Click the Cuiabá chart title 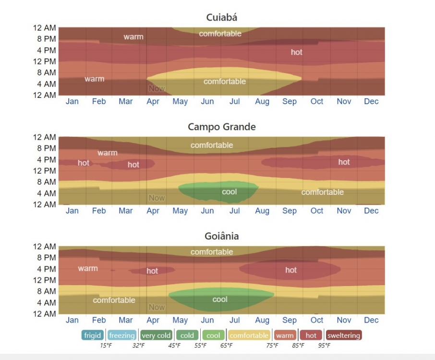221,18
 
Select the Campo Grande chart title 221,127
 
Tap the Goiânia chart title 221,236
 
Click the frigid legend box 92,336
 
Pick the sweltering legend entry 344,336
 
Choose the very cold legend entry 157,336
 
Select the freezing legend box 121,336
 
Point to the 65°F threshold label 226,345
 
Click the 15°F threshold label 106,345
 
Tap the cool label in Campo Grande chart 230,192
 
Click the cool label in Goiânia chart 220,300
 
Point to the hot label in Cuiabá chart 297,52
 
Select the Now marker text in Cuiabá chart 157,88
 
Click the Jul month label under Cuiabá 235,101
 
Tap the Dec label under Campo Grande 371,211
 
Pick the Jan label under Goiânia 72,320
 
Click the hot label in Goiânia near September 291,270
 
